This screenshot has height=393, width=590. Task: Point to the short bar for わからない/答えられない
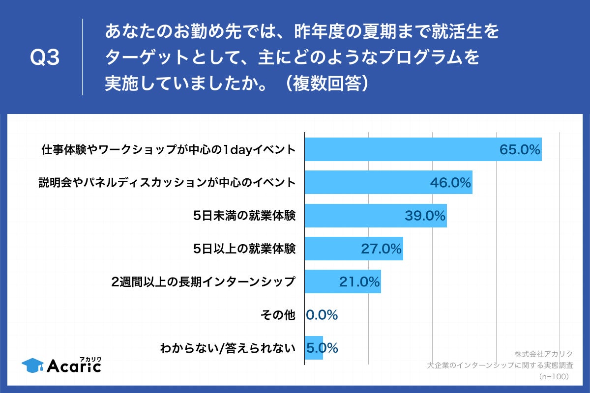pyautogui.click(x=314, y=348)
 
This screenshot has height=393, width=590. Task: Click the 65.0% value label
pyautogui.click(x=520, y=150)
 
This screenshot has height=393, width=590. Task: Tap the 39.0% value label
pyautogui.click(x=425, y=216)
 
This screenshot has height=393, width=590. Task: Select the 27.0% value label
pyautogui.click(x=382, y=249)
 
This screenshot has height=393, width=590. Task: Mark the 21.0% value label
pyautogui.click(x=359, y=282)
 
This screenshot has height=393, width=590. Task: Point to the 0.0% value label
pyautogui.click(x=322, y=315)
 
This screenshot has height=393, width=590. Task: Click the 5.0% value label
pyautogui.click(x=323, y=348)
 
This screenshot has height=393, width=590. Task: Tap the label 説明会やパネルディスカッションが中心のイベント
pyautogui.click(x=167, y=183)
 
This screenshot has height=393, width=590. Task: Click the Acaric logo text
pyautogui.click(x=74, y=366)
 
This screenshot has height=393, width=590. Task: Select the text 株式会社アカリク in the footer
pyautogui.click(x=544, y=354)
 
